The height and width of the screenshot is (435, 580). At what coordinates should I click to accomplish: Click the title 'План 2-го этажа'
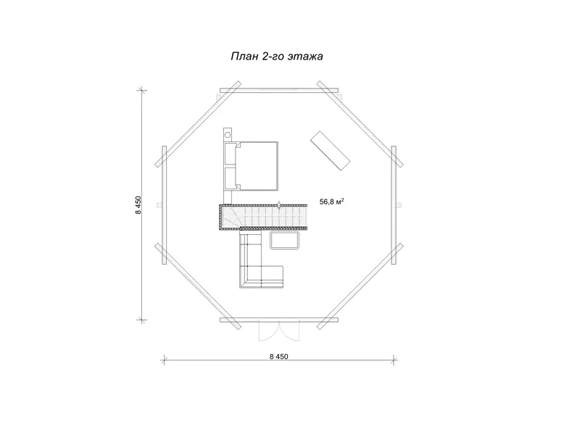pyautogui.click(x=277, y=57)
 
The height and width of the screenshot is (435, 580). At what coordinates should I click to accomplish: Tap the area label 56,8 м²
pyautogui.click(x=332, y=202)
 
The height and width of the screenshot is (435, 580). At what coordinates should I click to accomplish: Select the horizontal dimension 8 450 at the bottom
pyautogui.click(x=278, y=357)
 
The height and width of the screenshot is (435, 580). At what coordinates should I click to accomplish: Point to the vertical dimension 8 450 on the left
pyautogui.click(x=138, y=205)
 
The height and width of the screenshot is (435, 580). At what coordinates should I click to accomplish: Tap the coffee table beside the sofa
pyautogui.click(x=284, y=241)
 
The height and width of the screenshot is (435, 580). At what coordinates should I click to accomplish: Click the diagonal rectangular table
pyautogui.click(x=331, y=151)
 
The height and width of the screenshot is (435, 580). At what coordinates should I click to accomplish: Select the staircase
pyautogui.click(x=263, y=217)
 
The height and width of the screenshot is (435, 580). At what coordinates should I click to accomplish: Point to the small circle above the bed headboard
pyautogui.click(x=228, y=134)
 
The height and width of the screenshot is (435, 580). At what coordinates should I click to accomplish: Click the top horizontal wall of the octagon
pyautogui.click(x=279, y=90)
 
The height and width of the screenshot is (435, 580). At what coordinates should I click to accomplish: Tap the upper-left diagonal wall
pyautogui.click(x=198, y=124)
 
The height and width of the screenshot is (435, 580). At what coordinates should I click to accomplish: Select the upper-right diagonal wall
pyautogui.click(x=360, y=124)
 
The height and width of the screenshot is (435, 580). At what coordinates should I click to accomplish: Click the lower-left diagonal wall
pyautogui.click(x=198, y=286)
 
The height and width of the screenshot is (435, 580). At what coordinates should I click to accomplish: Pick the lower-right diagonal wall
pyautogui.click(x=360, y=286)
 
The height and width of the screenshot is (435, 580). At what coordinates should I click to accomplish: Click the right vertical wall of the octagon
pyautogui.click(x=394, y=205)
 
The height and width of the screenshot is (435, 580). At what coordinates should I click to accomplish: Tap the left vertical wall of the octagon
pyautogui.click(x=165, y=205)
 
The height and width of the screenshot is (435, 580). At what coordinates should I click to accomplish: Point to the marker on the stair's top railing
pyautogui.click(x=279, y=204)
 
